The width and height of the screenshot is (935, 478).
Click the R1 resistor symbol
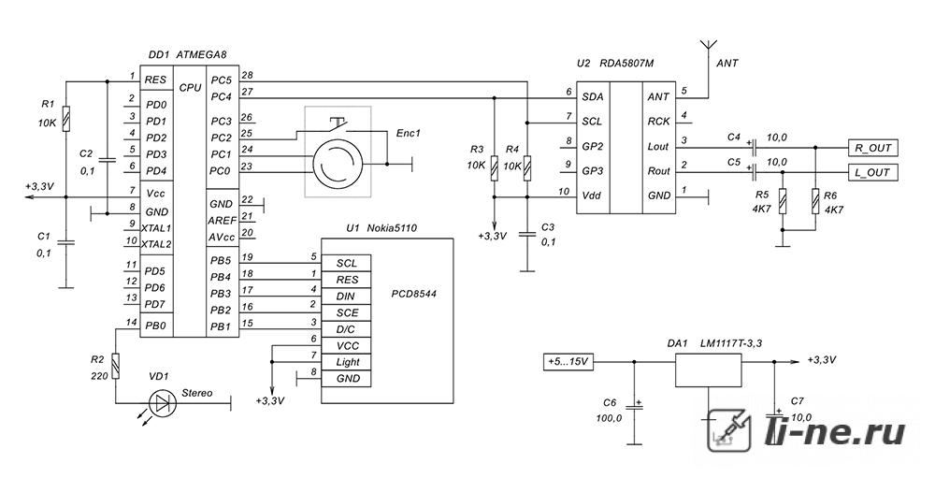tap(66, 118)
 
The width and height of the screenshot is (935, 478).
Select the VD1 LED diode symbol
tap(162, 404)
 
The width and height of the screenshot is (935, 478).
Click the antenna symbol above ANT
tap(709, 46)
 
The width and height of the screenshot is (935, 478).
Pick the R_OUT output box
tap(872, 148)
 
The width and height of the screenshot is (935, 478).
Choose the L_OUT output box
tap(872, 172)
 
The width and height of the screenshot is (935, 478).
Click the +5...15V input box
tap(568, 362)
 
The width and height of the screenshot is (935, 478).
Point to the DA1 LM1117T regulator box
tap(708, 370)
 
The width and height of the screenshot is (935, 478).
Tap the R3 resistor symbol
tap(494, 168)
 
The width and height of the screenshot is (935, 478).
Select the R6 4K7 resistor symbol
tap(814, 201)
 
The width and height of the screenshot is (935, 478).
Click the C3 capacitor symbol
tap(526, 233)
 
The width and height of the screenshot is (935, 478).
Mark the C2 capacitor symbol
tap(107, 160)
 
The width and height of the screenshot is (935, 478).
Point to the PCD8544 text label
tap(414, 294)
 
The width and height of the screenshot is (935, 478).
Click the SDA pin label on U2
tap(592, 96)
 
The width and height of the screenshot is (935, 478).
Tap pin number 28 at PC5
tap(248, 75)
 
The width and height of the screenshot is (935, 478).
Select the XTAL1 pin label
tap(157, 228)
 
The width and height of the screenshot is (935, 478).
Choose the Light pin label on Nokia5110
tap(348, 362)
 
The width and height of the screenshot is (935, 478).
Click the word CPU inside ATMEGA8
tap(190, 87)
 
